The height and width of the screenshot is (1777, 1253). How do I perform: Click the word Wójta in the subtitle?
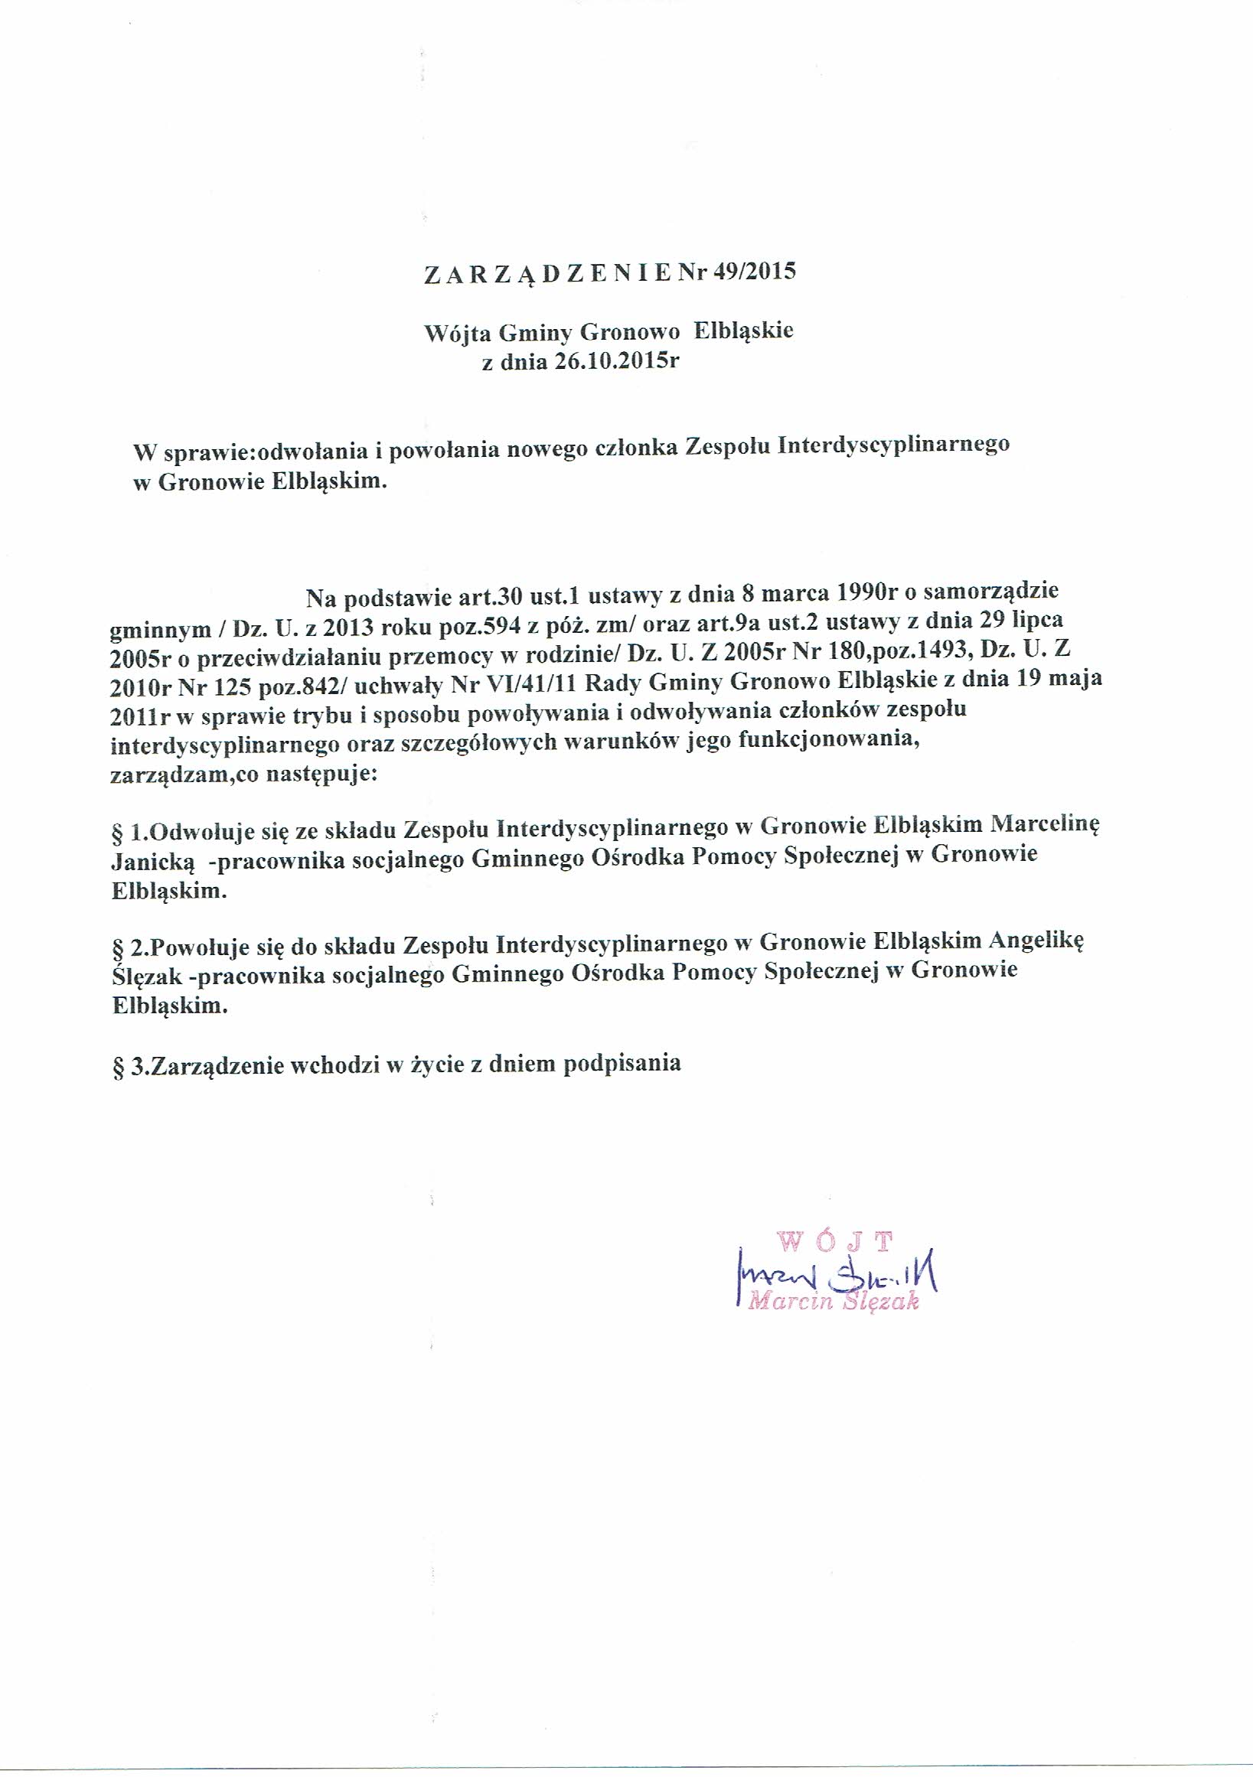click(x=458, y=334)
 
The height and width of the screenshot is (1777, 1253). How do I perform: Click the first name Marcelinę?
click(x=1045, y=823)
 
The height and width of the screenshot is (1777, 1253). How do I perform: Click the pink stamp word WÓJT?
click(x=836, y=1242)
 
